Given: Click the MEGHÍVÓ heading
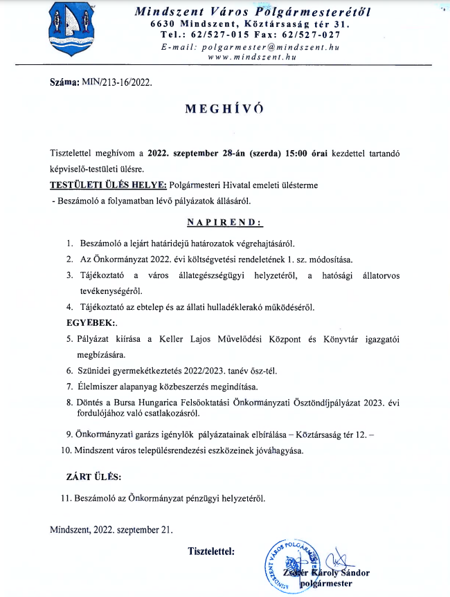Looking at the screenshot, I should [224, 109].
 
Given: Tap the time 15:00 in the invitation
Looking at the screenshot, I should [299, 152].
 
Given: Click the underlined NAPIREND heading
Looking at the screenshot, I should [225, 223].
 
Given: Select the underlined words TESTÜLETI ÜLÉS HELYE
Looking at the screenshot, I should [108, 185].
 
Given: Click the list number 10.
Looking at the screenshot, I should [67, 450].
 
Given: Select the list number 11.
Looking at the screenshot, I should [67, 497].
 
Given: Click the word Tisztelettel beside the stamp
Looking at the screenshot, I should [211, 551].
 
